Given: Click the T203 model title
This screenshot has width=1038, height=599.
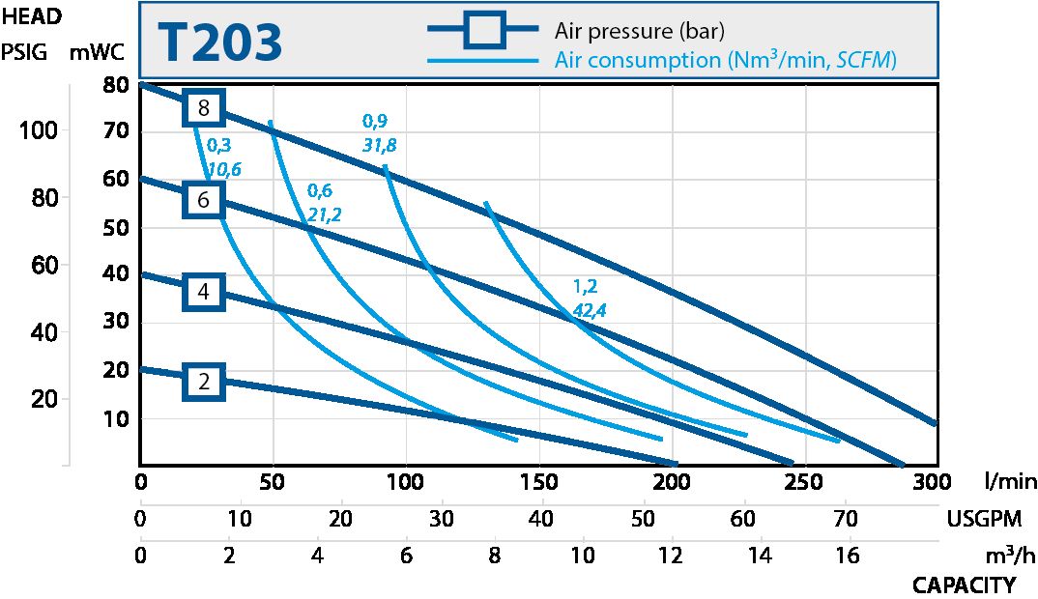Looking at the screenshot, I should (219, 43).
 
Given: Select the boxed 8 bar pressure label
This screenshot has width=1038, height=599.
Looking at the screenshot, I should (203, 107).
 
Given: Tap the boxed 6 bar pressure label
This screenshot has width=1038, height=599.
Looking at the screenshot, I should (203, 200).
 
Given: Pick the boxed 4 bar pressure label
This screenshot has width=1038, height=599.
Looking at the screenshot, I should (203, 291).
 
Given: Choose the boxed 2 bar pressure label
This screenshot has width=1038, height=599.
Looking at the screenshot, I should (203, 383).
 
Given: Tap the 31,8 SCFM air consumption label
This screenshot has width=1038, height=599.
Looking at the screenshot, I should (379, 145).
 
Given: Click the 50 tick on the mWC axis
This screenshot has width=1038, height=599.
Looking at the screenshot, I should (116, 228).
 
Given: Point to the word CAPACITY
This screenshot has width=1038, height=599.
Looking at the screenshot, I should (964, 585).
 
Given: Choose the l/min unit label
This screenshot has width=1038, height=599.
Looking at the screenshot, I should (1010, 481).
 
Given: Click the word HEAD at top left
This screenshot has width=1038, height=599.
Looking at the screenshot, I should (32, 15).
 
